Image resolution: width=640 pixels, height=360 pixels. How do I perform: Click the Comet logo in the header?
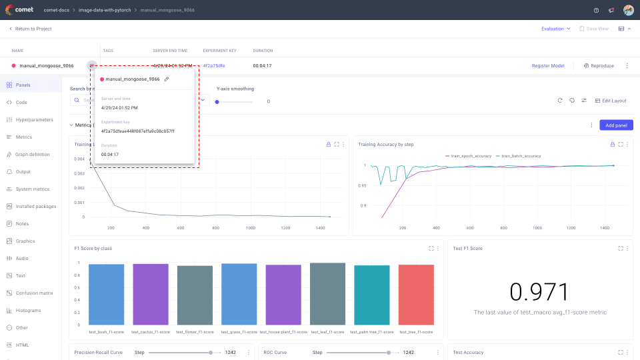(x=19, y=10)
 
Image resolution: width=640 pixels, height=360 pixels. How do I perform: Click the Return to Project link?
(x=30, y=29)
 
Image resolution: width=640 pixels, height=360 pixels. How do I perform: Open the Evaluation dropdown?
(x=555, y=29)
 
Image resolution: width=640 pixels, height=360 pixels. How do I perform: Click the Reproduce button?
(x=598, y=66)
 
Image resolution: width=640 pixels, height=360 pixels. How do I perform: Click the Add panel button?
(x=616, y=125)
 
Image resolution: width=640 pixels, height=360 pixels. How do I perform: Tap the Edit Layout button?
(x=610, y=101)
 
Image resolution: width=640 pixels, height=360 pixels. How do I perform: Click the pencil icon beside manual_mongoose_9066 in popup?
(x=167, y=79)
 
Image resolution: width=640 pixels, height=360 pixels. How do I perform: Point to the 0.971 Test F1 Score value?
(x=539, y=292)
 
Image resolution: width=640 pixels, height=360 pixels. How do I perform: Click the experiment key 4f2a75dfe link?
(x=214, y=66)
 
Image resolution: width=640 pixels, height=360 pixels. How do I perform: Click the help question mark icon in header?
(x=596, y=10)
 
